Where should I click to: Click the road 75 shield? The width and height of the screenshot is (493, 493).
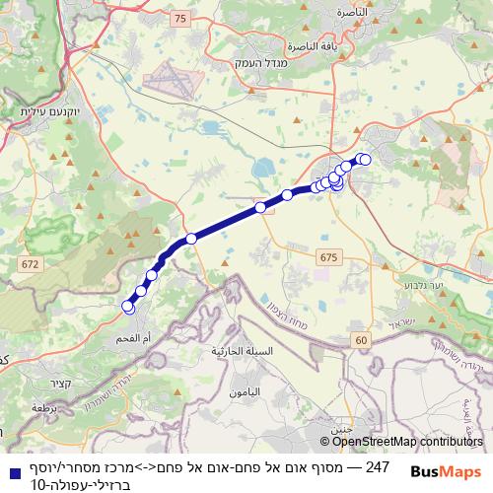179,18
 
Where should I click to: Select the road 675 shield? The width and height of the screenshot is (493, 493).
327,256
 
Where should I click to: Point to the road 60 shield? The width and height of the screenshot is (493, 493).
363,339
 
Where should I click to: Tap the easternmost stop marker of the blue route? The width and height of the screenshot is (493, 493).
365,160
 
